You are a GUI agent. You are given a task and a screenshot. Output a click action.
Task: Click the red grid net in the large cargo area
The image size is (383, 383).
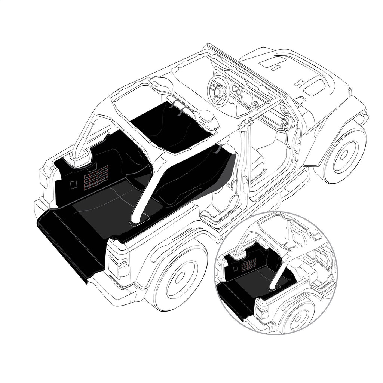[x=96, y=176]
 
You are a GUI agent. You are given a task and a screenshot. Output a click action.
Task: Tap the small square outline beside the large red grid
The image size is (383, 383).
[x=73, y=184]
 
